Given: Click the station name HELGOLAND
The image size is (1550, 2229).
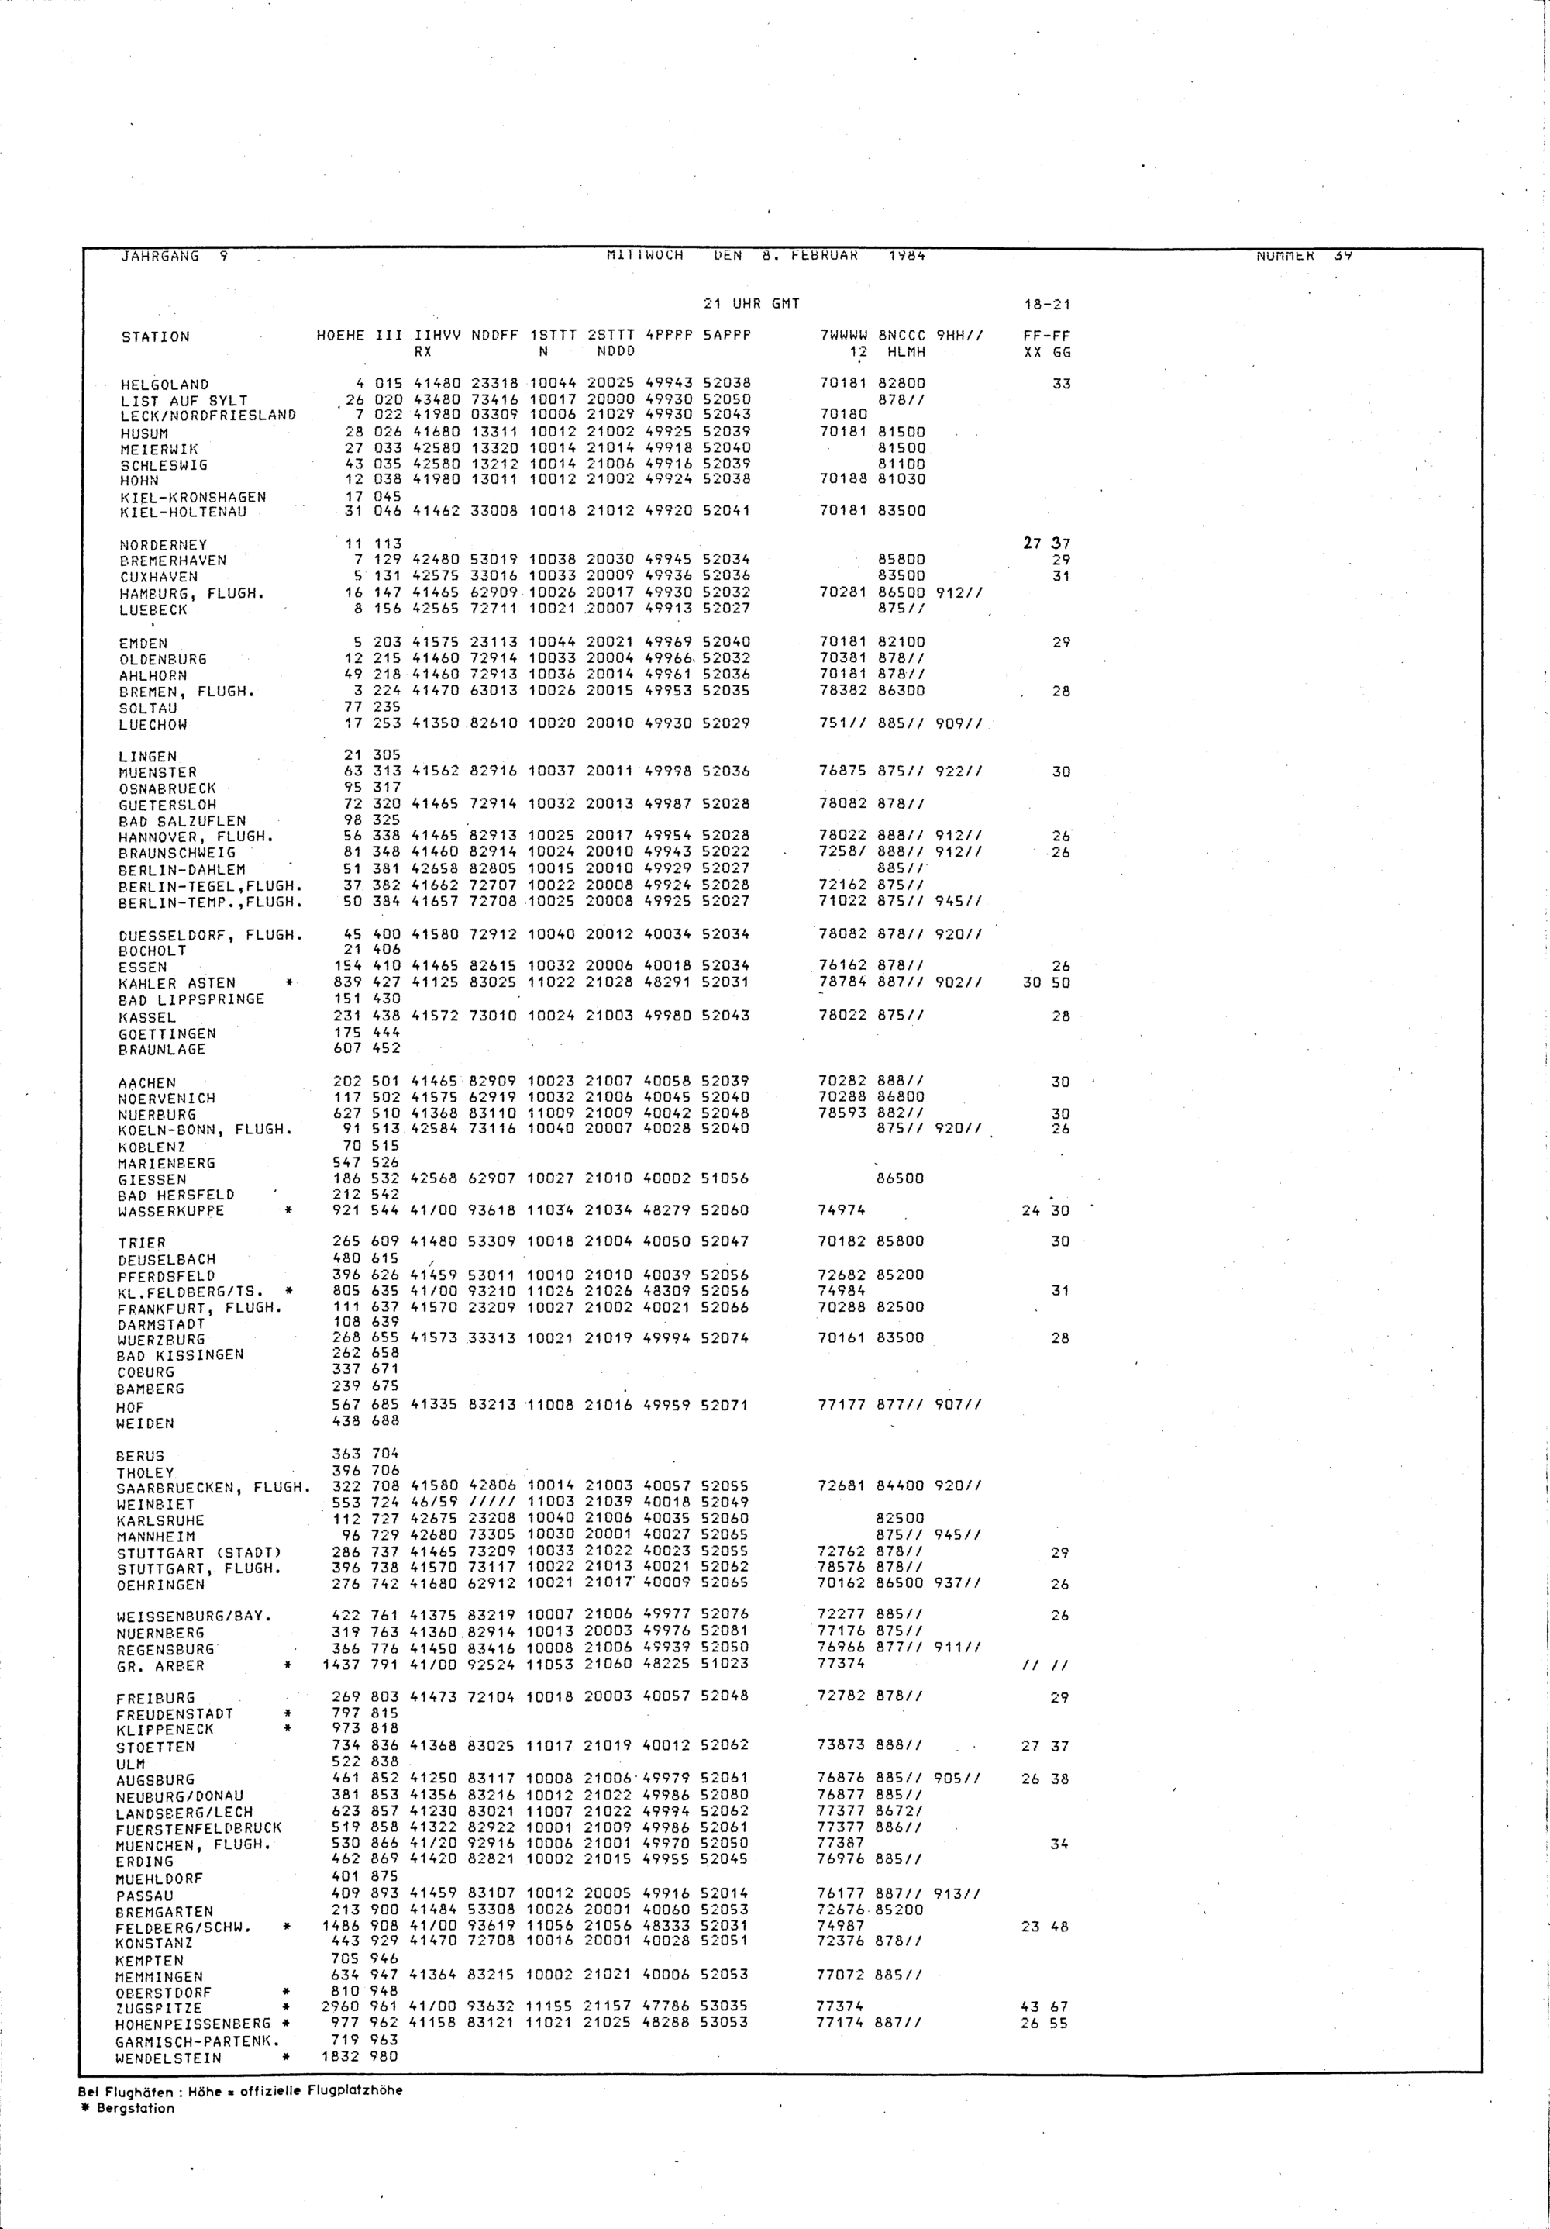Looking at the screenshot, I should [x=164, y=385].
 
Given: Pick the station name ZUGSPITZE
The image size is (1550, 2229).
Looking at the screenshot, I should [x=159, y=2008].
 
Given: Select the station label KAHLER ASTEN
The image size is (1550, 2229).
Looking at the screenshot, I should [x=176, y=983].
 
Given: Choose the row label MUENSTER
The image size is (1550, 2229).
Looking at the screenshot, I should [x=157, y=773].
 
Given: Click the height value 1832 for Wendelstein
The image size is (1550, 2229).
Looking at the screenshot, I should [x=339, y=2056].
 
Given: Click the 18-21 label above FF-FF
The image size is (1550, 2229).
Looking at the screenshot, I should [x=1047, y=305].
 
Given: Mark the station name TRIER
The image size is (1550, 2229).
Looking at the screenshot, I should [x=142, y=1244].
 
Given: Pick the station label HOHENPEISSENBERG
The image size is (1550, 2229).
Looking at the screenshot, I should [x=194, y=2024].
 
